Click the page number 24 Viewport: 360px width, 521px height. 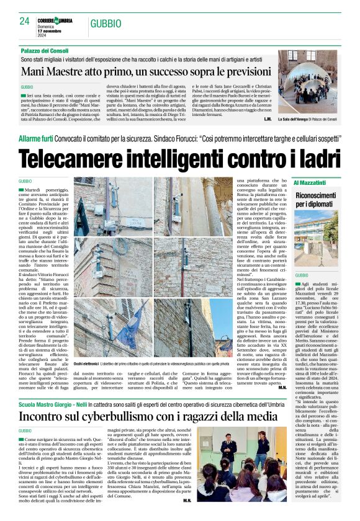pos(25,21)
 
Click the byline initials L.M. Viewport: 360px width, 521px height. pos(267,118)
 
